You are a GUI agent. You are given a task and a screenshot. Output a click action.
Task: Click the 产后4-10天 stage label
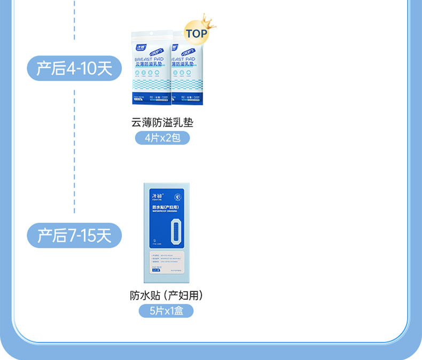pyautogui.click(x=75, y=68)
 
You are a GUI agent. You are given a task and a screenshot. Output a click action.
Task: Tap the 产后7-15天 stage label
pyautogui.click(x=75, y=235)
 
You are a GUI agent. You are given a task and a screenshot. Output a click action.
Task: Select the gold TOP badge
pyautogui.click(x=196, y=34)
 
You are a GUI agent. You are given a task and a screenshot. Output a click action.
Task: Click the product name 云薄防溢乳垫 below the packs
pyautogui.click(x=162, y=122)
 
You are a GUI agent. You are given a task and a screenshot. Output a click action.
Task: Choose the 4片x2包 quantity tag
pyautogui.click(x=162, y=138)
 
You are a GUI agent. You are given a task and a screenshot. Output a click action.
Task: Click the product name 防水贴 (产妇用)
pyautogui.click(x=166, y=295)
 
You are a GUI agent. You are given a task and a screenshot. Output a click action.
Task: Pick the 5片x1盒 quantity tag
pyautogui.click(x=166, y=310)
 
